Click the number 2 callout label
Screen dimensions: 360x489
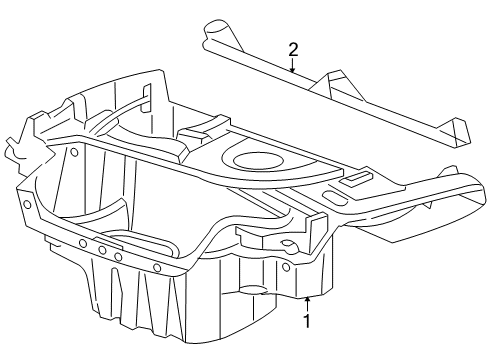click(x=293, y=49)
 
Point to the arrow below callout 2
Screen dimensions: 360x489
click(x=293, y=68)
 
